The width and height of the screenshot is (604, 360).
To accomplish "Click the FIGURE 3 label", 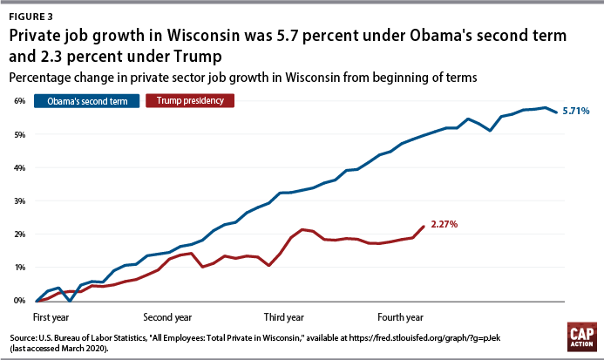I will (32, 13).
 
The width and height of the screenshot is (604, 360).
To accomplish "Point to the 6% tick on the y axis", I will (18, 101).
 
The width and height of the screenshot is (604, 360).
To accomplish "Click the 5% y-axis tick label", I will (18, 134).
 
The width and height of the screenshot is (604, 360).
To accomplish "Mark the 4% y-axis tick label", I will (18, 167).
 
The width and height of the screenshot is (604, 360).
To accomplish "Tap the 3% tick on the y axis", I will (18, 200).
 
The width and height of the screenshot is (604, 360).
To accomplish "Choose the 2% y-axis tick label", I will (18, 234).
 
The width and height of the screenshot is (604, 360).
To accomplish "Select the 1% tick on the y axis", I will (18, 267).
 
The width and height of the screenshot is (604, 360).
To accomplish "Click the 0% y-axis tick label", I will (18, 300).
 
